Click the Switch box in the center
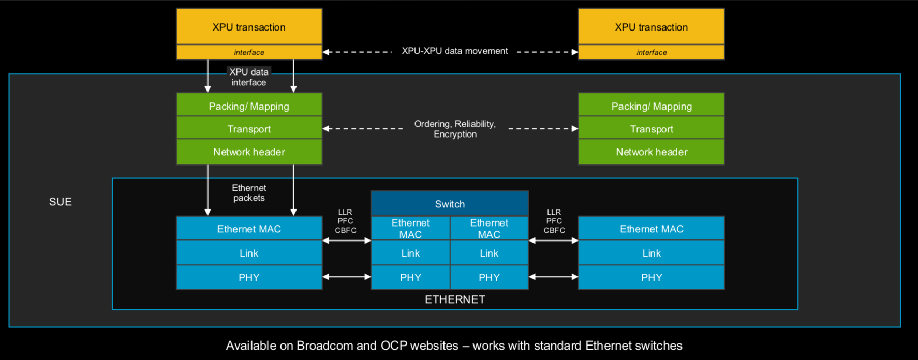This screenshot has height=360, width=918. pos(450,204)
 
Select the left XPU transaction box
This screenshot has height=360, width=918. pos(249,27)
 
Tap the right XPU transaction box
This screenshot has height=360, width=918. pos(651,27)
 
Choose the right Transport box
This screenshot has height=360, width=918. pos(651,128)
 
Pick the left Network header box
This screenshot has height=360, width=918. pos(249,152)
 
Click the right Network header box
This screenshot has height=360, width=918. pos(651,152)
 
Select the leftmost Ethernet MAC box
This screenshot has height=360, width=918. pos(249,229)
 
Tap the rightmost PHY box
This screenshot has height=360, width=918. pos(651,277)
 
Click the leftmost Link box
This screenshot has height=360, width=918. pos(249,253)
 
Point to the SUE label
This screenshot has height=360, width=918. pos(61,202)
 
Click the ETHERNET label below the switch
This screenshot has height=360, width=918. pos(455,299)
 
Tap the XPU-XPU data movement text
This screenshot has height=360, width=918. pos(455,51)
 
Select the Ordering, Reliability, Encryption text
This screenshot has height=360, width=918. pos(455,129)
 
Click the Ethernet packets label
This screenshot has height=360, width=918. pos(249,193)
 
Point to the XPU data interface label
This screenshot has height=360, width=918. pos(249,77)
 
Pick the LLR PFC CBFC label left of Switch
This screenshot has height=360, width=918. pos(345,221)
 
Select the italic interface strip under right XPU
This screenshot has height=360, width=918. pos(651,52)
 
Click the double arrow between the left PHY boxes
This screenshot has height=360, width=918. pos(347,277)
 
